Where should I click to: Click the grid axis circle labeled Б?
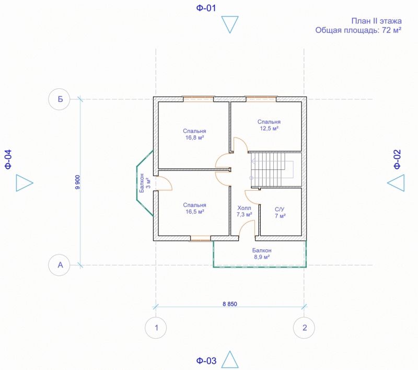tap(59, 99)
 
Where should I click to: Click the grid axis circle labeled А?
tap(59, 265)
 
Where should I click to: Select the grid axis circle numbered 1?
tap(156, 328)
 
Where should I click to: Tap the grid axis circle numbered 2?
tap(304, 328)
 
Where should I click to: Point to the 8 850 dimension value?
tap(230, 304)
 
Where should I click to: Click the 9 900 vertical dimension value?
tap(77, 182)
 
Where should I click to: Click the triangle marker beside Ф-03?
tap(230, 360)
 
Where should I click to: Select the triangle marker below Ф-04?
tap(25, 183)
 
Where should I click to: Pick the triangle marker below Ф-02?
tap(396, 183)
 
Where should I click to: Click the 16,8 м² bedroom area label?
tap(194, 134)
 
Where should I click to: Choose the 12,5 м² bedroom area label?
tap(269, 125)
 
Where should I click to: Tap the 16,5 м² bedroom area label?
tap(194, 209)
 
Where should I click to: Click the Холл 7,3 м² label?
tap(244, 211)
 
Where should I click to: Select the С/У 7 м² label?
tap(280, 213)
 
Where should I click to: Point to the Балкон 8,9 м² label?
tap(262, 254)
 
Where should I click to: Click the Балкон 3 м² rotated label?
tap(145, 183)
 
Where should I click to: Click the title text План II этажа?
tap(376, 21)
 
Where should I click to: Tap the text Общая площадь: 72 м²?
tap(358, 30)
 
